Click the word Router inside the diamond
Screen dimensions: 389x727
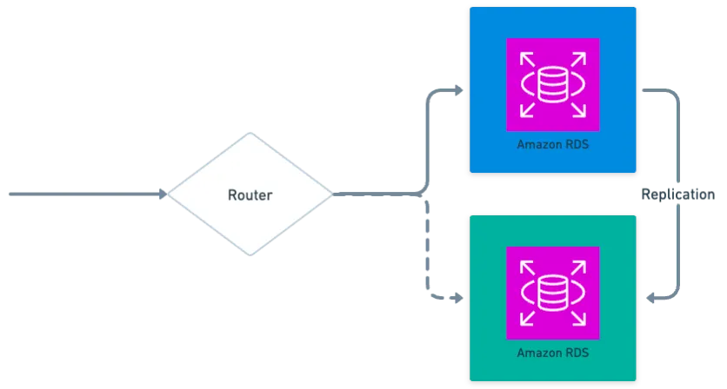(250, 194)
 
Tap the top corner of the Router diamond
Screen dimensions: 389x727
(250, 132)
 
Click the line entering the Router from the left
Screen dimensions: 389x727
(87, 194)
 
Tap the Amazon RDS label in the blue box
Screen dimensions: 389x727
(552, 144)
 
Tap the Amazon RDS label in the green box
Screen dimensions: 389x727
(552, 353)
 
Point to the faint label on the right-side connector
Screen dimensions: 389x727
(677, 194)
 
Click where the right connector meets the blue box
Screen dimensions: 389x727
(644, 89)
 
